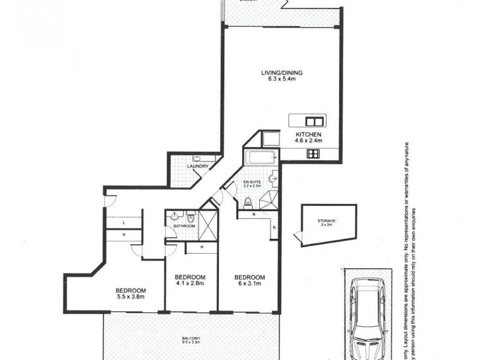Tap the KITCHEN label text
click(308, 134)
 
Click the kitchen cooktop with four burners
click(312, 154)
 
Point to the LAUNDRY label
click(197, 166)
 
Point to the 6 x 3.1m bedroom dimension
click(248, 284)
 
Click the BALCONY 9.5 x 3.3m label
click(191, 340)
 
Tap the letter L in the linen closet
click(123, 223)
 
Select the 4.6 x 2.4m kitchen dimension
click(308, 141)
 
